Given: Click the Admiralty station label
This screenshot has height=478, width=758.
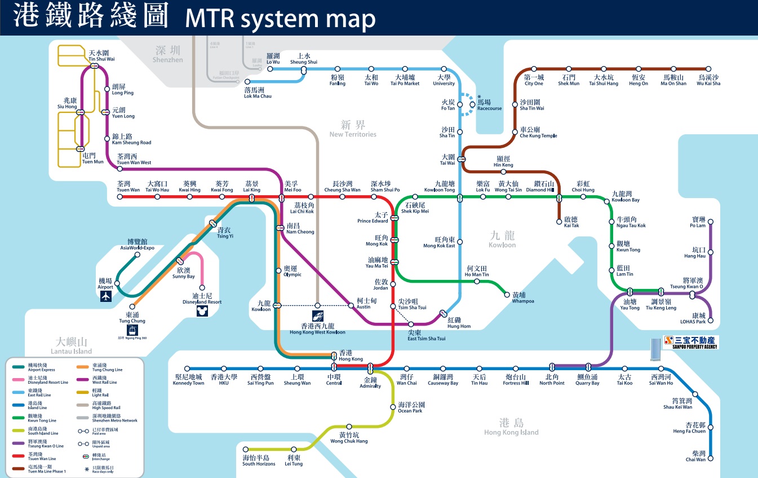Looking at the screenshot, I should tap(370, 383).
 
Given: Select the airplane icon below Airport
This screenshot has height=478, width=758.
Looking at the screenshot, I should tap(105, 297).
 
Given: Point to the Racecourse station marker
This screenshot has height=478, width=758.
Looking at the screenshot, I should tap(472, 104).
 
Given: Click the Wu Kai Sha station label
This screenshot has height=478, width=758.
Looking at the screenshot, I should tap(708, 80).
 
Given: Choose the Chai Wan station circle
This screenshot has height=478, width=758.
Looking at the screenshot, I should tap(710, 458).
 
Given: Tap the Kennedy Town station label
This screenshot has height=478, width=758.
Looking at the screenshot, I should tap(189, 380).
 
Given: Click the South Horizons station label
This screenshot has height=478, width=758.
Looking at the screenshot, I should tap(259, 461).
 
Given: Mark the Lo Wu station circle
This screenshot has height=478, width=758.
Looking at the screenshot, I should tap(270, 69).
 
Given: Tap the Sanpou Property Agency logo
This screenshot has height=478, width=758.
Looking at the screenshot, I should tap(691, 342).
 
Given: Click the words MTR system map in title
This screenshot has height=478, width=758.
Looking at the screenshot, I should tap(280, 19).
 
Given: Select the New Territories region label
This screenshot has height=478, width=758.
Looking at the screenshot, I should tap(353, 129).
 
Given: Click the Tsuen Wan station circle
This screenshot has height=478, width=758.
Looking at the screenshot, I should tap(128, 197).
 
